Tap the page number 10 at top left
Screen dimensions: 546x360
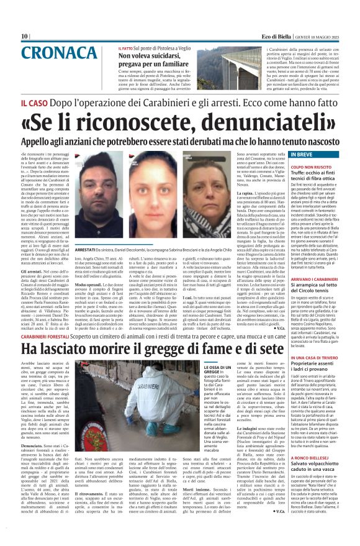tap(25, 37)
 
